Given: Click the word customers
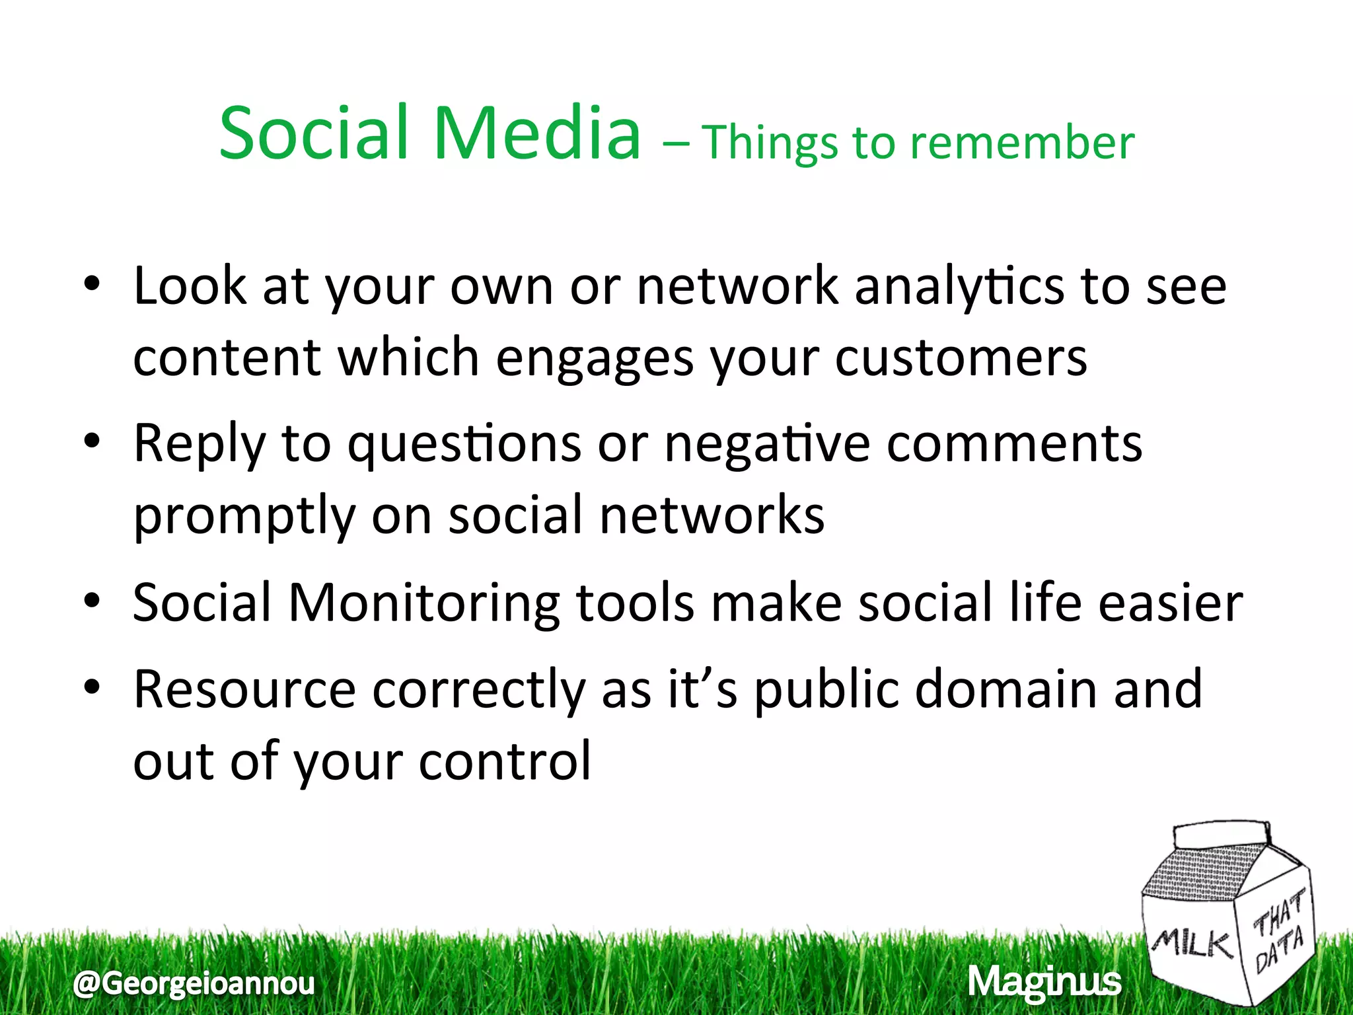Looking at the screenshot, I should (961, 358).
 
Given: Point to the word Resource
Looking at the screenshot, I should (244, 690).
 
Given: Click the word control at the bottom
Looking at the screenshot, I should (505, 762).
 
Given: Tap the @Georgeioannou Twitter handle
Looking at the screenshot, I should (194, 983).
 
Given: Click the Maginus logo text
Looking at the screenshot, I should (1044, 982).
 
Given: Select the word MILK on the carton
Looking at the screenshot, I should (1192, 944).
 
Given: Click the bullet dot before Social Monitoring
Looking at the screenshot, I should (92, 601).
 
